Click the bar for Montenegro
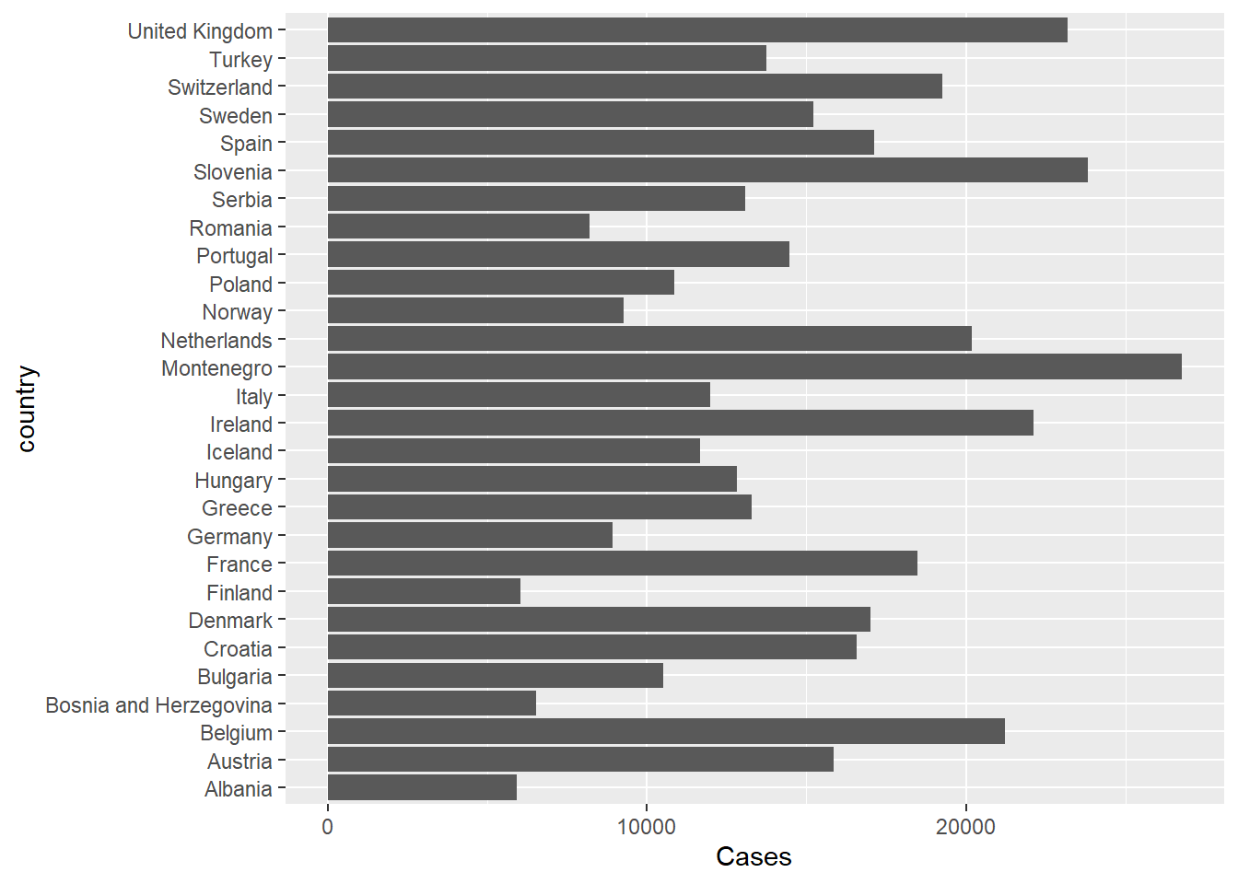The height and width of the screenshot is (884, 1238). [753, 367]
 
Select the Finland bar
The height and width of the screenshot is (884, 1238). [424, 592]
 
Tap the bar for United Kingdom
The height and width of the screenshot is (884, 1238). [697, 30]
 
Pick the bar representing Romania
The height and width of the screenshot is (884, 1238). [458, 227]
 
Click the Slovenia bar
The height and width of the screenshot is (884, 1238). [707, 170]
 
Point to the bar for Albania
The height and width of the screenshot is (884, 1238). [422, 788]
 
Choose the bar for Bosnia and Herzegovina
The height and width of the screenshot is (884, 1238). [431, 704]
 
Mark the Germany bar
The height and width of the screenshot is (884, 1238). [470, 536]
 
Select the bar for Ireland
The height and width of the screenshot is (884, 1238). [680, 424]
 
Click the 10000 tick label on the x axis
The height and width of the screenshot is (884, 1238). [646, 827]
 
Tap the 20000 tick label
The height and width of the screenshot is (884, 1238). [965, 827]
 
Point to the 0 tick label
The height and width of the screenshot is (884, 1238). [327, 827]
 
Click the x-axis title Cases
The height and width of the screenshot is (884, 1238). [753, 857]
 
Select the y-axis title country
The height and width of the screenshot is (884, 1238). [27, 409]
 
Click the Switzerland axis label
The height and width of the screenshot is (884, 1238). [220, 87]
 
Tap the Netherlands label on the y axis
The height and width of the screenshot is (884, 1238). [216, 341]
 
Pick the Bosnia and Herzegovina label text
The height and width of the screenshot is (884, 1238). [158, 705]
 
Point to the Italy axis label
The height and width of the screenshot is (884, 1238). [254, 397]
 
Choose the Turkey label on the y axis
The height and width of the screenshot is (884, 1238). [240, 60]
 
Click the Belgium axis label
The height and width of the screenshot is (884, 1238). [237, 733]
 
